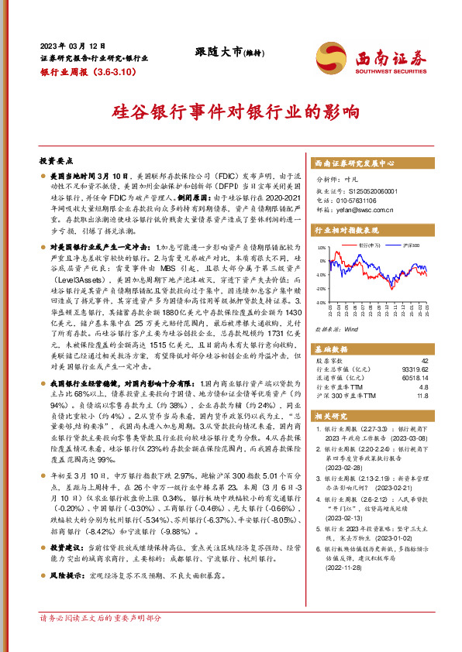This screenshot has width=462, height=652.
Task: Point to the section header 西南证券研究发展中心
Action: [356, 163]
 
